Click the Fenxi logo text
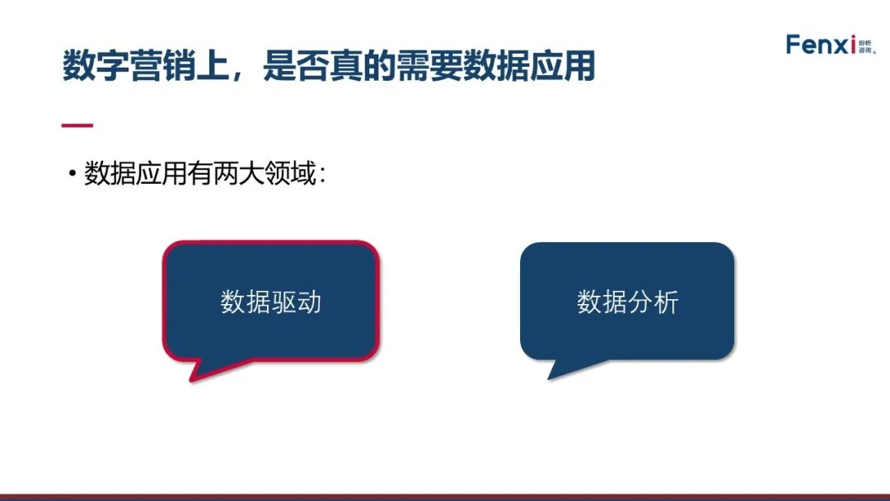[820, 44]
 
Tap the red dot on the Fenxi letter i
[853, 37]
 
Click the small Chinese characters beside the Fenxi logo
[866, 46]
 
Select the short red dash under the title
[77, 124]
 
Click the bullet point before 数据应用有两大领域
[72, 173]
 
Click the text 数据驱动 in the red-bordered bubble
[271, 302]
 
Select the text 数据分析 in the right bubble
[628, 302]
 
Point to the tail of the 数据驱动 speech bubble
[205, 369]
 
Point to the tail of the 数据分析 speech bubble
[563, 368]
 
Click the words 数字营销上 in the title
[145, 66]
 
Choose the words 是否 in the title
[296, 66]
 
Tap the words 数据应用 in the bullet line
[136, 173]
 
